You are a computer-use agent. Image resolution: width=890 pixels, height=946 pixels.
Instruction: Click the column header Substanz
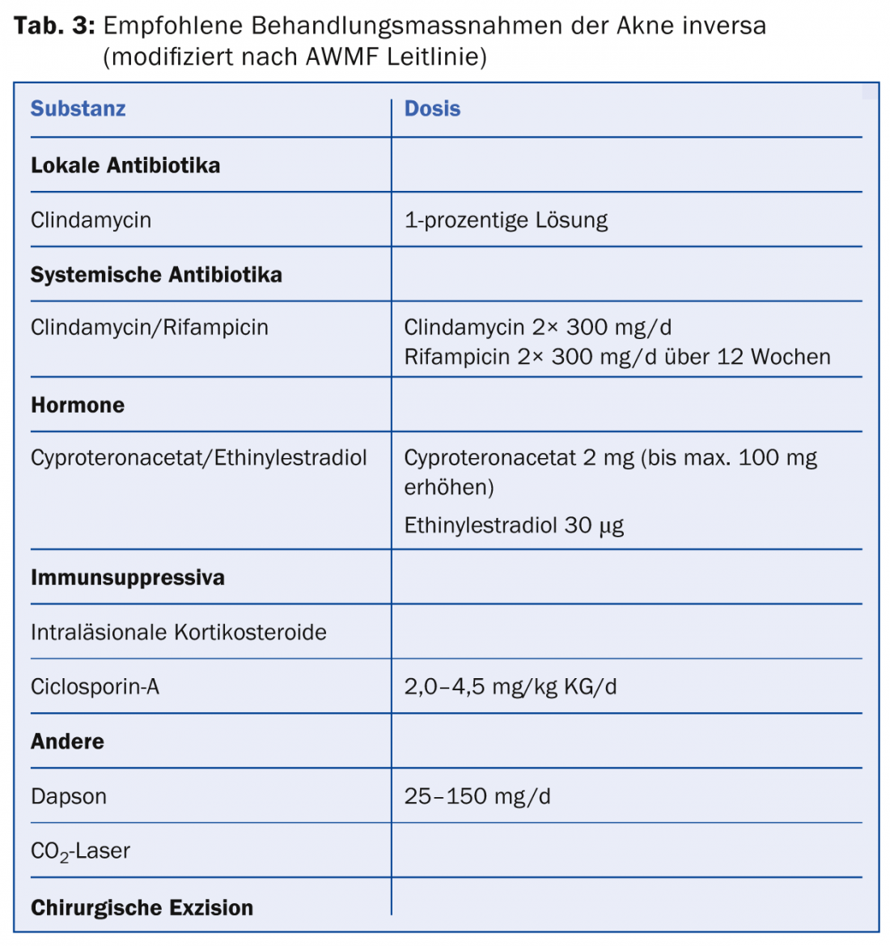click(x=78, y=109)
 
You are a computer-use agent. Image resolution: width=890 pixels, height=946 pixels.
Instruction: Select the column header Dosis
click(x=432, y=109)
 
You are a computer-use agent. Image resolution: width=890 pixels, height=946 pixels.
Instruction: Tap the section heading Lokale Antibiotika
click(x=125, y=166)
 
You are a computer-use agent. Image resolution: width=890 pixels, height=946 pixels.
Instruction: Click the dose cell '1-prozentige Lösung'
click(x=506, y=220)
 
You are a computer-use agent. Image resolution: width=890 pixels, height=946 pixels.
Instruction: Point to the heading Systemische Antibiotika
click(x=156, y=275)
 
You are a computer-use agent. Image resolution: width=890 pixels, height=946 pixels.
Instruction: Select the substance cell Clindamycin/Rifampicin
click(x=150, y=328)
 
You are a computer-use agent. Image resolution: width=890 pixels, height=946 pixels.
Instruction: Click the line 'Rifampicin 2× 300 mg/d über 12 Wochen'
click(x=617, y=357)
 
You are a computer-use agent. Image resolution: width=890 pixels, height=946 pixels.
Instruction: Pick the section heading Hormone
click(x=78, y=405)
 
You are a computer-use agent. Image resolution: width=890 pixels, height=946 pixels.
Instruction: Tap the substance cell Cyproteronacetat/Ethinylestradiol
click(x=199, y=458)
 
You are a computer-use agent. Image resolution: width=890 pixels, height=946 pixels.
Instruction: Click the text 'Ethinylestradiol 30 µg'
click(x=514, y=526)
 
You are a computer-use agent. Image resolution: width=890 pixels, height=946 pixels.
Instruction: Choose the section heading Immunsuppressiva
click(x=128, y=578)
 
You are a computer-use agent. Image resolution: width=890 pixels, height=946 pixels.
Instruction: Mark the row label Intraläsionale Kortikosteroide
click(x=179, y=632)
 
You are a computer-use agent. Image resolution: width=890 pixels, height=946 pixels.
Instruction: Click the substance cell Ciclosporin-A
click(x=95, y=687)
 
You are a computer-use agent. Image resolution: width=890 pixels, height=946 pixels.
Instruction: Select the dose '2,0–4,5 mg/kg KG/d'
click(x=510, y=687)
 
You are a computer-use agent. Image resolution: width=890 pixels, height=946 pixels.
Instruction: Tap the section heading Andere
click(x=67, y=742)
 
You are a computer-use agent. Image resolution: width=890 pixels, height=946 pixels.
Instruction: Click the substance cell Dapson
click(x=69, y=796)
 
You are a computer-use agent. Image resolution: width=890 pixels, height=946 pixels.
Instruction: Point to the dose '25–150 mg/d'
click(x=477, y=796)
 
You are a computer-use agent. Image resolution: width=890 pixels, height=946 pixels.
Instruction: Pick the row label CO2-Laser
click(x=80, y=851)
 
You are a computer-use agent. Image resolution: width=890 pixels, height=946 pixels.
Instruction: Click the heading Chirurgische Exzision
click(x=142, y=908)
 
